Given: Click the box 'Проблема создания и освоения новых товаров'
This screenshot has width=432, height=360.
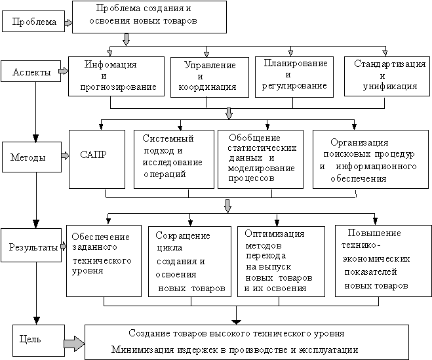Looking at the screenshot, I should pyautogui.click(x=149, y=16).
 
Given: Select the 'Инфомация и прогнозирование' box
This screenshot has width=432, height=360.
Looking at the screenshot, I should pyautogui.click(x=115, y=76).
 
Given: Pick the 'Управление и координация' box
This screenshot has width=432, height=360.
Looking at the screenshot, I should pyautogui.click(x=206, y=77).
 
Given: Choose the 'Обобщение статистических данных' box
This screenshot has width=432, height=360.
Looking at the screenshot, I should pyautogui.click(x=261, y=159).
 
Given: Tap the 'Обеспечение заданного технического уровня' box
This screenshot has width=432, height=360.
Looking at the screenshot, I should pyautogui.click(x=103, y=260).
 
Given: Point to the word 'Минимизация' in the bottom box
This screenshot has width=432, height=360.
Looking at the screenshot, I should pyautogui.click(x=138, y=350).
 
